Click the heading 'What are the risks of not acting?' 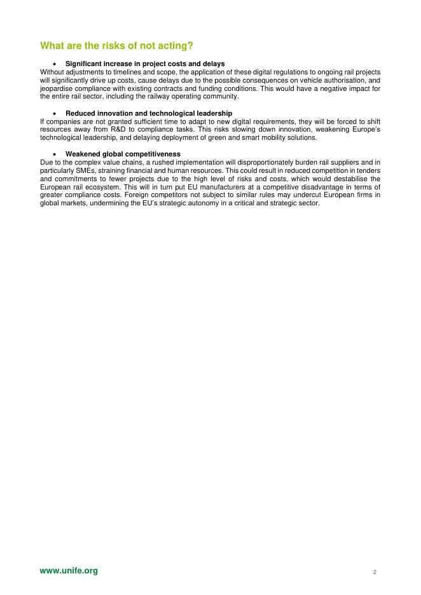(116, 46)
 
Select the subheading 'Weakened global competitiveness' (123, 154)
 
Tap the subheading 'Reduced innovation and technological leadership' (144, 113)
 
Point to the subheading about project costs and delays (145, 64)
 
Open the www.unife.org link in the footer (69, 571)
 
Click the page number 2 (375, 572)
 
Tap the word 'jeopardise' (56, 88)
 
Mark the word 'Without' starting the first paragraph (52, 72)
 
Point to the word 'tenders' (368, 170)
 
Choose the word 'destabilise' (347, 179)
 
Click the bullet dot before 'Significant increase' (56, 64)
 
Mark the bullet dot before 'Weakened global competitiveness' (56, 154)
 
